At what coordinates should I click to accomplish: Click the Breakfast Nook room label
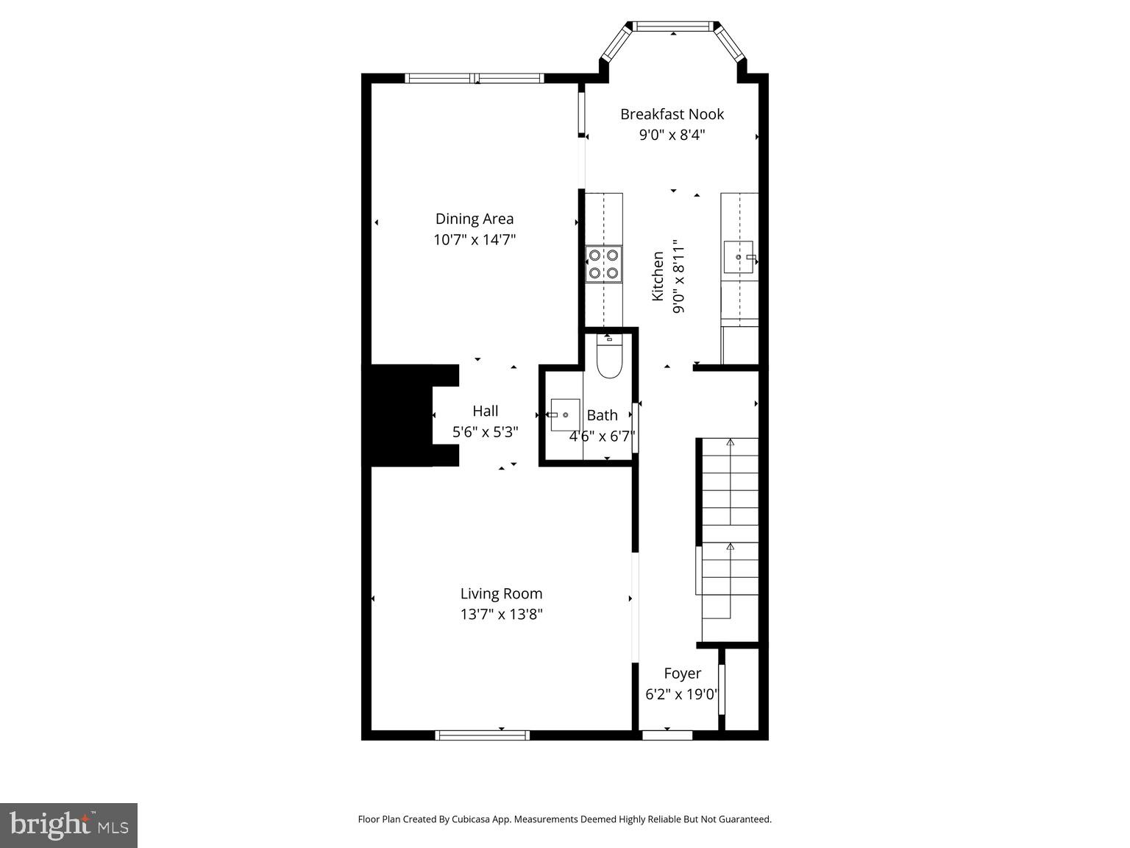[672, 114]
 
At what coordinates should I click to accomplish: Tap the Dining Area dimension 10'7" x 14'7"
[475, 239]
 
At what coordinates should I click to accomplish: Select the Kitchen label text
[658, 276]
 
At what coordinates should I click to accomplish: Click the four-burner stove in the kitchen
[603, 264]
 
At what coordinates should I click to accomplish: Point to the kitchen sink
[739, 257]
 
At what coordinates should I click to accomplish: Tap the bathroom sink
[564, 415]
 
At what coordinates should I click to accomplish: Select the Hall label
[486, 411]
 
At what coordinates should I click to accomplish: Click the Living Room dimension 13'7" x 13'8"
[502, 614]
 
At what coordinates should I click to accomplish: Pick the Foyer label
[682, 674]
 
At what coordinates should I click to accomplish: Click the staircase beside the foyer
[730, 537]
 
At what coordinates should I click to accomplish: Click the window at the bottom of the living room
[482, 735]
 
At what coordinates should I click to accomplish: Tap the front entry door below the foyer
[667, 735]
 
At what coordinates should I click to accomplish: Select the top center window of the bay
[673, 26]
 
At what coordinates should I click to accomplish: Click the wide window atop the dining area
[475, 78]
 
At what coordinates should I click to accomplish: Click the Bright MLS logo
[69, 825]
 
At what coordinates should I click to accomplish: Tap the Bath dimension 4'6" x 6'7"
[602, 437]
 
